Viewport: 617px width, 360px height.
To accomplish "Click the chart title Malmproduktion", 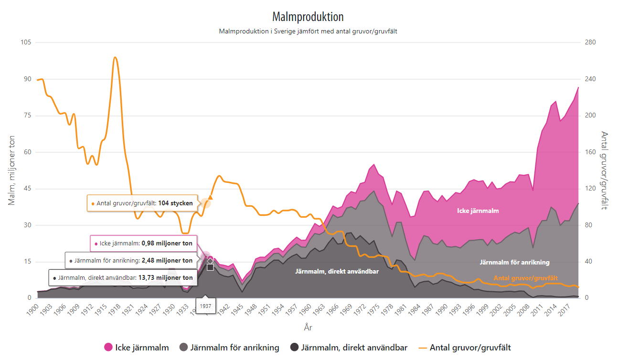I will pos(308,17).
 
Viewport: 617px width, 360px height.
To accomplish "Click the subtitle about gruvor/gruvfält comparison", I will pos(308,32).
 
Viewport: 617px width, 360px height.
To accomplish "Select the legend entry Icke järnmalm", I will pos(137,348).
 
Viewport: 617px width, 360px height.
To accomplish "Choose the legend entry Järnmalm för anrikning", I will pos(229,348).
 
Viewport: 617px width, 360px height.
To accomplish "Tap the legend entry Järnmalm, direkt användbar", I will pos(349,348).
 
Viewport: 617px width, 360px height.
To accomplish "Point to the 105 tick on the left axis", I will pos(26,42).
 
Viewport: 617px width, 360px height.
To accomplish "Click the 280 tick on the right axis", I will pos(590,42).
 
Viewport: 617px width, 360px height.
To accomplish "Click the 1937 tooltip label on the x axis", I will pos(206,306).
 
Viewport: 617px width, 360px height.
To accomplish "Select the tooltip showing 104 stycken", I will pos(142,203).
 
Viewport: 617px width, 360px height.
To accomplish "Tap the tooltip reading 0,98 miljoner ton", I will pos(144,244).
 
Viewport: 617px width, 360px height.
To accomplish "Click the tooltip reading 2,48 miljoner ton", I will pos(131,261).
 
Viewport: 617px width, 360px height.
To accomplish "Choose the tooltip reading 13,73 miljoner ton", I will pos(123,278).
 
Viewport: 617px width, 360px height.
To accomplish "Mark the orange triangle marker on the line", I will pos(210,197).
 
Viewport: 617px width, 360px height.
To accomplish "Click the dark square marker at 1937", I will pos(210,267).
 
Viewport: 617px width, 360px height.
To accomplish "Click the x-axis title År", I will pos(308,328).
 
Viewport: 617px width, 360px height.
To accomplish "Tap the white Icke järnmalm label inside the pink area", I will pos(478,211).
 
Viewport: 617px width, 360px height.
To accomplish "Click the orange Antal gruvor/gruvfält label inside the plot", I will pos(525,278).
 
